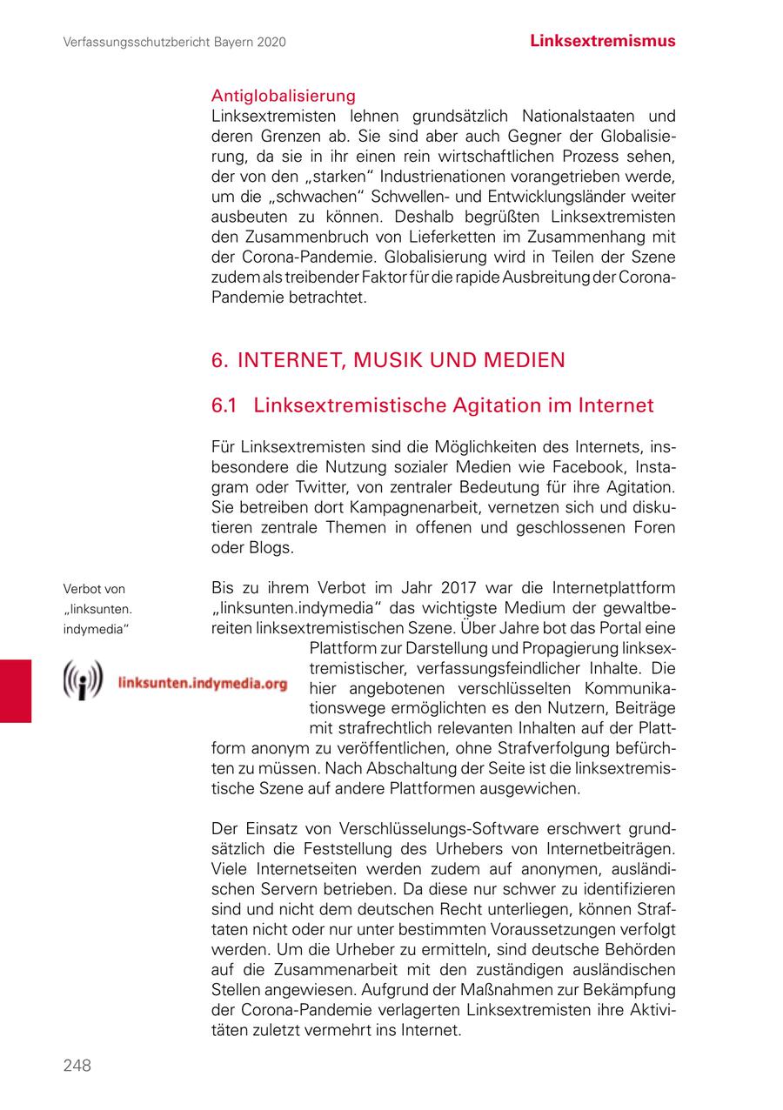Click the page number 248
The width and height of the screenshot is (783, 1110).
point(77,1066)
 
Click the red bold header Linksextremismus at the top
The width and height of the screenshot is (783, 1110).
point(603,41)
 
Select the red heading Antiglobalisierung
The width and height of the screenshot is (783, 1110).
point(284,96)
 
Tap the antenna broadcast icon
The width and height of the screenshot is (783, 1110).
point(83,681)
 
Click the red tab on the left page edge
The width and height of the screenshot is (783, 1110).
point(16,691)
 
